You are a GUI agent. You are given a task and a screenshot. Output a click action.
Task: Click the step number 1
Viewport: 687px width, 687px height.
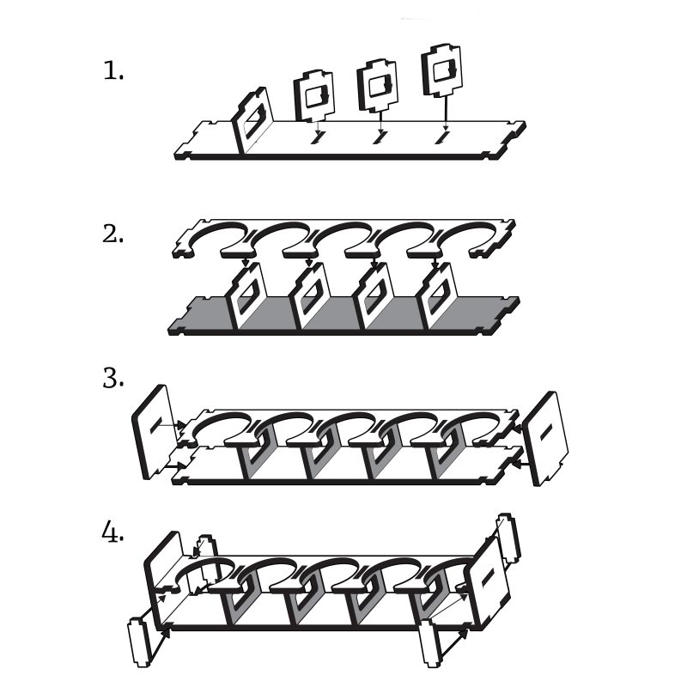pos(113,71)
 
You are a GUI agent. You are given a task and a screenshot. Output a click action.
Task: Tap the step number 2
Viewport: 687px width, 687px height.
pos(113,234)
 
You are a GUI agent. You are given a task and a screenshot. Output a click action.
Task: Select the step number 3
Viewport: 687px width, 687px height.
pos(113,379)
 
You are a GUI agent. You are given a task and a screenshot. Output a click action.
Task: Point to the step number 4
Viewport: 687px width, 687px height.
pos(113,532)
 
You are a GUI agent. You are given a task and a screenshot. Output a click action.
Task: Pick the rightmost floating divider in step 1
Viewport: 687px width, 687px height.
pos(441,70)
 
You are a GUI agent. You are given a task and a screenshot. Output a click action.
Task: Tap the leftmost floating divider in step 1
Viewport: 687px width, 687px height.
pos(313,95)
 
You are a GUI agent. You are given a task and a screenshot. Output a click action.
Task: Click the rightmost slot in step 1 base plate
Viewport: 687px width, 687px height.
pos(441,137)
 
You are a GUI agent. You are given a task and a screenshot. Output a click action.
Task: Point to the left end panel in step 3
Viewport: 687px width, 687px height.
pos(152,432)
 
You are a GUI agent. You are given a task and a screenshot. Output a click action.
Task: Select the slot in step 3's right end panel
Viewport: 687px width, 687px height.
pos(546,433)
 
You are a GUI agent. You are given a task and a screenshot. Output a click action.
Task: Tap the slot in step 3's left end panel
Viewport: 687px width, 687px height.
pos(156,424)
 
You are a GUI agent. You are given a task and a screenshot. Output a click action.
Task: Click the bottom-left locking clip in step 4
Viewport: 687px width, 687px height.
pos(139,642)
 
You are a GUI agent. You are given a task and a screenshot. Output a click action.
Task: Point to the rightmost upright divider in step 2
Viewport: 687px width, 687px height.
pos(439,296)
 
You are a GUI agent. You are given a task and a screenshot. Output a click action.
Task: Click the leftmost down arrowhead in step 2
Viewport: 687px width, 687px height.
pos(246,263)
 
